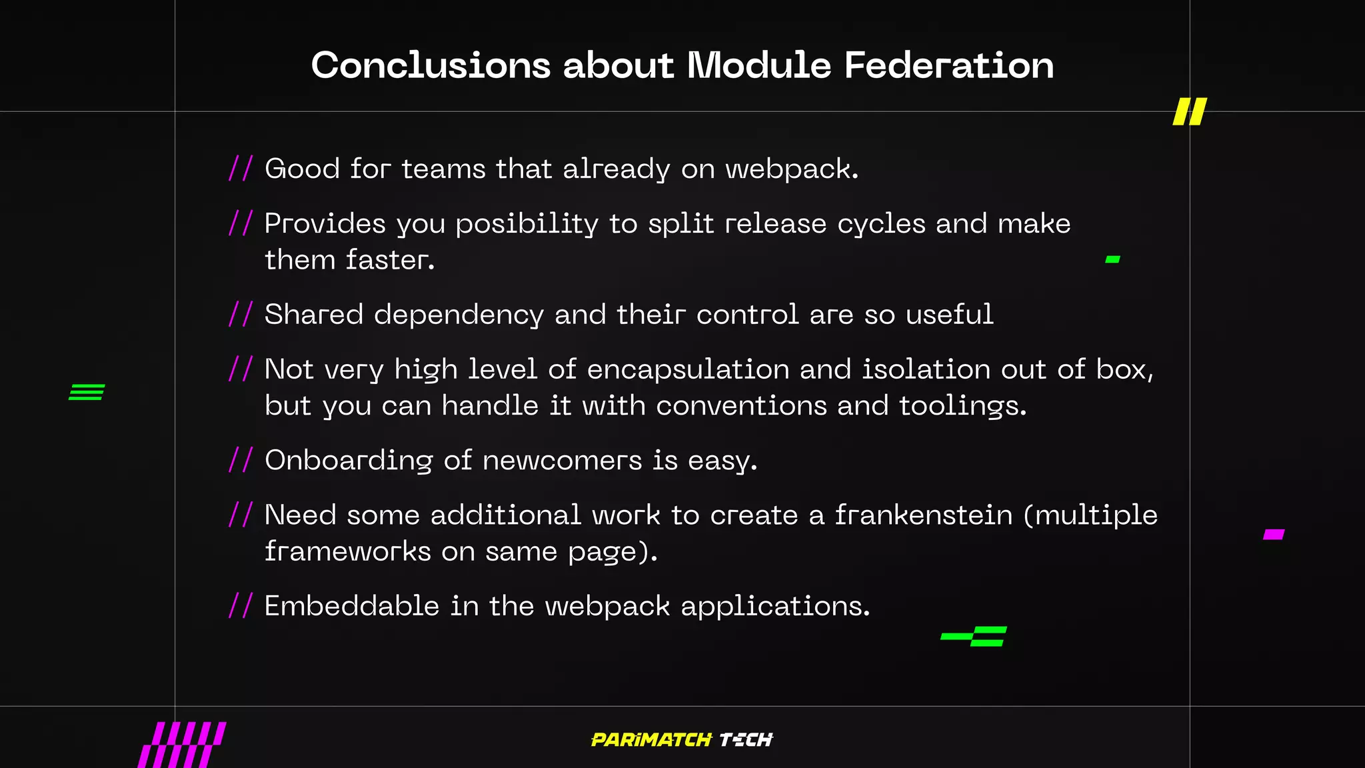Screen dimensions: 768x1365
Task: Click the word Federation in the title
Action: pyautogui.click(x=949, y=65)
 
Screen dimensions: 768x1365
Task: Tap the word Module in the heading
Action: pyautogui.click(x=759, y=65)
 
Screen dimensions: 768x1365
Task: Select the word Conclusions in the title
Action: pyautogui.click(x=431, y=65)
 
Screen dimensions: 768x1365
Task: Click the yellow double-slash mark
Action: pyautogui.click(x=1190, y=112)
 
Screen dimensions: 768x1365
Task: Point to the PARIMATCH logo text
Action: pyautogui.click(x=651, y=740)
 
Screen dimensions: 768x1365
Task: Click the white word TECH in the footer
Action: pyautogui.click(x=746, y=740)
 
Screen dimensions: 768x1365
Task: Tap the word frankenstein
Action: pyautogui.click(x=924, y=515)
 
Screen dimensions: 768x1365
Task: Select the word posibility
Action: pyautogui.click(x=527, y=224)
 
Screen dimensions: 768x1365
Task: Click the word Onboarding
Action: pyautogui.click(x=349, y=461)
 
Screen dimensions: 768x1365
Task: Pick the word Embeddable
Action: pyautogui.click(x=352, y=606)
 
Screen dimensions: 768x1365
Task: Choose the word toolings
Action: pyautogui.click(x=962, y=406)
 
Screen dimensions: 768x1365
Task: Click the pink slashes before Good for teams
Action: pyautogui.click(x=241, y=169)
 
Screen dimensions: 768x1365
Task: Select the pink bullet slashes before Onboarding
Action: pyautogui.click(x=241, y=460)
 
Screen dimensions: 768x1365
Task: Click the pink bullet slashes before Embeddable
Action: pyautogui.click(x=241, y=606)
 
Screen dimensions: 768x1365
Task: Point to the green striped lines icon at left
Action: pyautogui.click(x=87, y=392)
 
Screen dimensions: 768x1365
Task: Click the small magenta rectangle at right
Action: pyautogui.click(x=1274, y=534)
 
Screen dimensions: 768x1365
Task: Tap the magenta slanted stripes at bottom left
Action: pyautogui.click(x=182, y=745)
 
